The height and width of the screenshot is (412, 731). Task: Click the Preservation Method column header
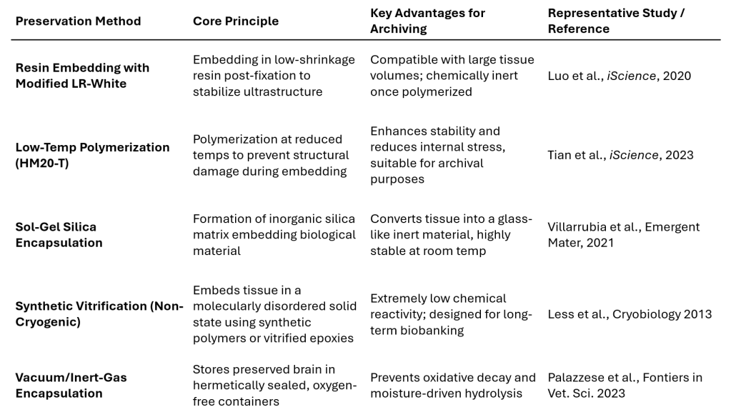click(x=78, y=21)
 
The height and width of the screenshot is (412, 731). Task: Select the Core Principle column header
click(x=236, y=21)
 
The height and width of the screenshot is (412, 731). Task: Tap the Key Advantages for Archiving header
click(x=427, y=21)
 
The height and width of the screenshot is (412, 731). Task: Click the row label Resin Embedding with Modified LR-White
click(x=82, y=75)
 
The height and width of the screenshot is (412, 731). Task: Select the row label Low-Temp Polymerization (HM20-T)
click(x=92, y=155)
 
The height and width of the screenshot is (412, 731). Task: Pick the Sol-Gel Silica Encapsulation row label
click(x=59, y=234)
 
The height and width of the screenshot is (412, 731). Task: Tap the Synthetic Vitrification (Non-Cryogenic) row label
click(x=99, y=313)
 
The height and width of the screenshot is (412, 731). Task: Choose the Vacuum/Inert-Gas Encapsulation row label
click(x=71, y=385)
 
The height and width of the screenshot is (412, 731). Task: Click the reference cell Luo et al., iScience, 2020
click(x=619, y=76)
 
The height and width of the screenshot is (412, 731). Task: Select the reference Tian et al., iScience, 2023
click(x=620, y=155)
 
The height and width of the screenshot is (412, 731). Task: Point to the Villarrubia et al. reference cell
click(x=623, y=234)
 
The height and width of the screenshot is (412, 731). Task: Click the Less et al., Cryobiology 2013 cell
click(x=630, y=314)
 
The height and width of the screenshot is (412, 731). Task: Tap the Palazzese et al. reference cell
click(x=625, y=385)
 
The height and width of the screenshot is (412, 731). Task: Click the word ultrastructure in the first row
click(x=287, y=91)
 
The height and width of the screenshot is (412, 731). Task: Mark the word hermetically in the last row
click(x=226, y=386)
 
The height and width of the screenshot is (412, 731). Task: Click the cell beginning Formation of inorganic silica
click(x=274, y=234)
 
